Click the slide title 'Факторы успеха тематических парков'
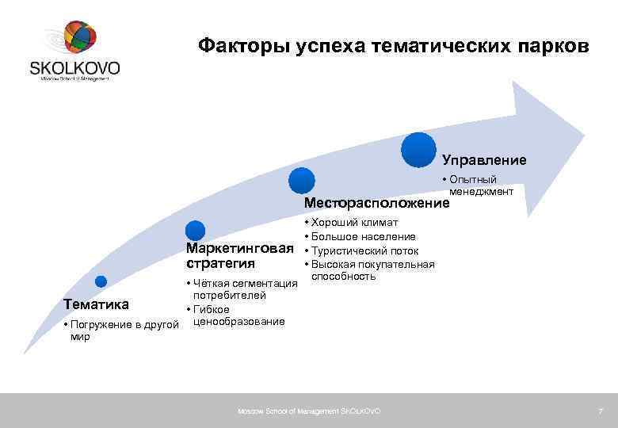(x=393, y=46)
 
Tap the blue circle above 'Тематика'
(x=101, y=281)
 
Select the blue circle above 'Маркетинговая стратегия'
(x=196, y=231)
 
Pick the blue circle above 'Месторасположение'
(x=301, y=181)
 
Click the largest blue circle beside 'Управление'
(x=418, y=150)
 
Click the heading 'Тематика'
(x=96, y=304)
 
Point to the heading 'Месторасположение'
(x=376, y=204)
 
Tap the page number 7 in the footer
(x=600, y=411)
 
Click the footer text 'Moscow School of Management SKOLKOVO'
(x=309, y=411)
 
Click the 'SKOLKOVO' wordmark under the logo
(x=75, y=68)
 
